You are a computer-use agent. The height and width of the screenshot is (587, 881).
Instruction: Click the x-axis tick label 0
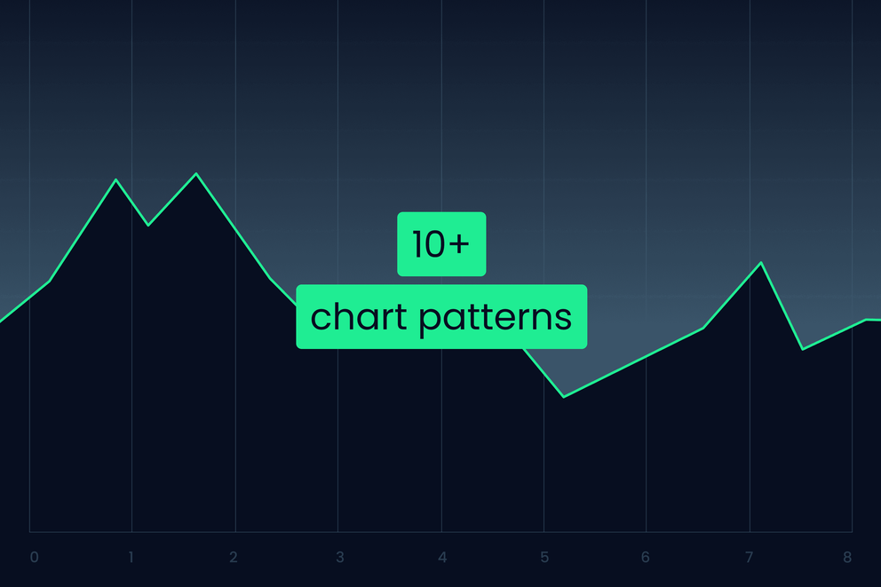click(x=34, y=558)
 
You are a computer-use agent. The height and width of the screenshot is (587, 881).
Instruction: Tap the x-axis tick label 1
click(x=131, y=558)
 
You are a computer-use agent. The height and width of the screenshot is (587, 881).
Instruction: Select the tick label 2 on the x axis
click(x=234, y=558)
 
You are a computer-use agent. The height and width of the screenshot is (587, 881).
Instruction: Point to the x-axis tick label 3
click(x=339, y=558)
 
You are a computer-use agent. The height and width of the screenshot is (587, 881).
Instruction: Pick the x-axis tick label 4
click(x=441, y=558)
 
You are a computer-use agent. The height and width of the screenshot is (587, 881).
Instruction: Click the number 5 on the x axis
click(x=544, y=558)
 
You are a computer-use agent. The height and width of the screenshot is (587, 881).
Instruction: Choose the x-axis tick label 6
click(x=646, y=558)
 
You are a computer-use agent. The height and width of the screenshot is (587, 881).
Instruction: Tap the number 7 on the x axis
click(x=749, y=558)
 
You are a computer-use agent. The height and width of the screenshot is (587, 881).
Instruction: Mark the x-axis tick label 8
click(x=847, y=558)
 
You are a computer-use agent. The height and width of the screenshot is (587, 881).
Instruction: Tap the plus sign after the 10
click(x=458, y=244)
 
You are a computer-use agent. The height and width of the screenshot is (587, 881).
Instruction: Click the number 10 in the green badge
click(x=428, y=244)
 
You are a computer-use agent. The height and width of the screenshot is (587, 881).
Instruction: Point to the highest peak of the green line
click(x=196, y=174)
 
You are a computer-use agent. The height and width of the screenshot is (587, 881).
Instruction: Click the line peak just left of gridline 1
click(x=115, y=180)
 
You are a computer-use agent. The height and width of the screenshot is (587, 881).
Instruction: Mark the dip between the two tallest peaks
click(x=147, y=225)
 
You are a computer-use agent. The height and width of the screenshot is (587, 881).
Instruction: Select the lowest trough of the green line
click(x=564, y=396)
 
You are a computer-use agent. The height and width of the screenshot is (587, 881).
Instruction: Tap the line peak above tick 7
click(x=761, y=263)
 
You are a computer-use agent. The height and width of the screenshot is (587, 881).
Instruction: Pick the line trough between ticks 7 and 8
click(x=803, y=349)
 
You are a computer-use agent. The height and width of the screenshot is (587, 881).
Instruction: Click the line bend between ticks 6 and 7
click(x=703, y=328)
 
